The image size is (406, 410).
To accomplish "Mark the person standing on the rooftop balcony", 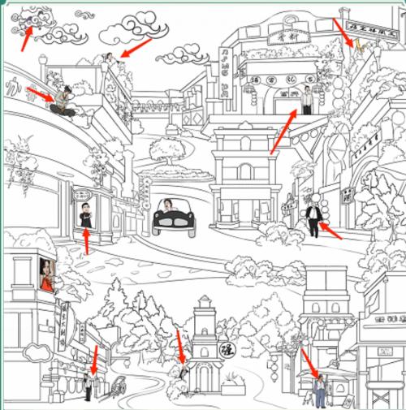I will (x=107, y=58).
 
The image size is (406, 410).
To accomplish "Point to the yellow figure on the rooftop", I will (x=355, y=43).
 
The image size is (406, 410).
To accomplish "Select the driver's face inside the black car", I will (x=169, y=205).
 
